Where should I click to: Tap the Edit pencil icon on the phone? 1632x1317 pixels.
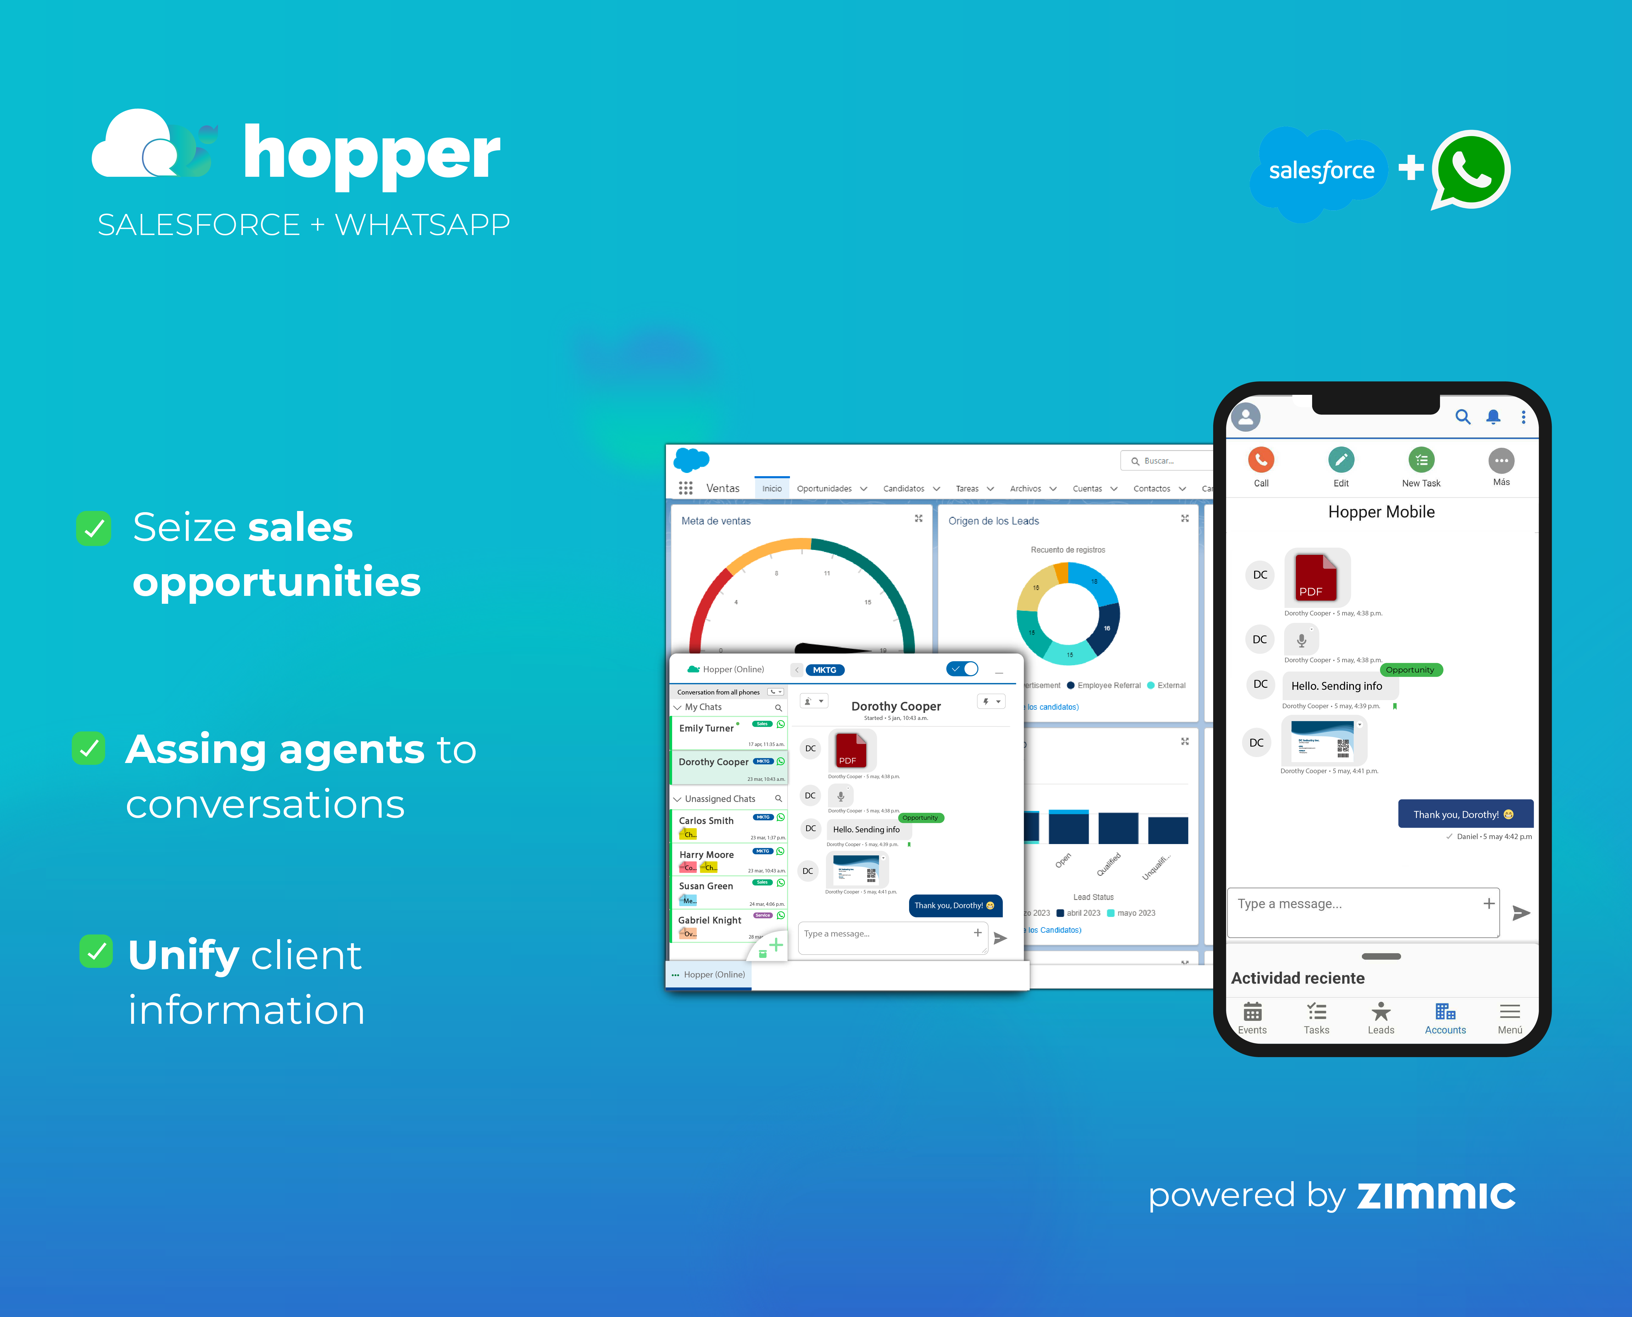[1341, 460]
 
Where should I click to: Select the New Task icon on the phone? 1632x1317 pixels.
[1421, 460]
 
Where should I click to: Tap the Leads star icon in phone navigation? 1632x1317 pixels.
[1381, 1013]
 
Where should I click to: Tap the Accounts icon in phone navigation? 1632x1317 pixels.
[1445, 1013]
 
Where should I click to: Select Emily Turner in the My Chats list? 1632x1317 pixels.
[706, 728]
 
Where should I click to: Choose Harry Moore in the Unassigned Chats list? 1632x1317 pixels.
[706, 855]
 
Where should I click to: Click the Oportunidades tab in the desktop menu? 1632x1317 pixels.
[824, 488]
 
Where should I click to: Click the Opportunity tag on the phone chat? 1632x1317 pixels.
[1410, 670]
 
